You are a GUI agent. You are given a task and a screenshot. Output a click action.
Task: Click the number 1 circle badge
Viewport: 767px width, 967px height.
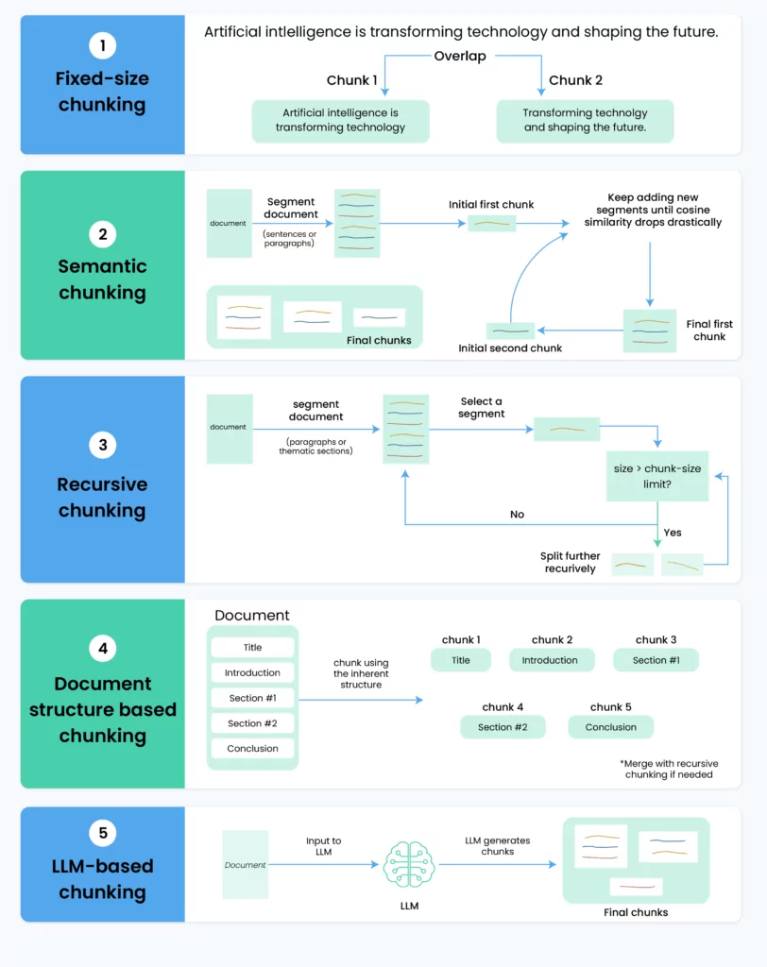click(x=102, y=45)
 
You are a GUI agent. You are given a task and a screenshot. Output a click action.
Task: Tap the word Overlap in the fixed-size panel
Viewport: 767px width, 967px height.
click(x=460, y=56)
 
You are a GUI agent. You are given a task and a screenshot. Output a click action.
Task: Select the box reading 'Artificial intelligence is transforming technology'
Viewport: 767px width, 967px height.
click(x=341, y=121)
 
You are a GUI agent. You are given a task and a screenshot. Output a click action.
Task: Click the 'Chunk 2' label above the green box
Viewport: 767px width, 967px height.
click(x=575, y=80)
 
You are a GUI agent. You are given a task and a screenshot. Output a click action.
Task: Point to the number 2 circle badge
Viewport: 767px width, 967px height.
click(x=102, y=234)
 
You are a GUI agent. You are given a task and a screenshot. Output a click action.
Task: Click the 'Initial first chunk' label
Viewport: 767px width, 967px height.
click(x=491, y=205)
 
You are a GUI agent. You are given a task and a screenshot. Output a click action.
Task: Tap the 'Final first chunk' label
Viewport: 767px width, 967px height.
click(x=709, y=330)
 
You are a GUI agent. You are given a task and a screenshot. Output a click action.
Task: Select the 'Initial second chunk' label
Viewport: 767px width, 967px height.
click(x=510, y=348)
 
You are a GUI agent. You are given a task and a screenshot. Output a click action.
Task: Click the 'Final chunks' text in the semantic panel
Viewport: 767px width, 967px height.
click(x=379, y=340)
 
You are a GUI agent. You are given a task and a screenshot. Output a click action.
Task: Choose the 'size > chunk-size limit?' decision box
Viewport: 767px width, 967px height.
click(x=657, y=476)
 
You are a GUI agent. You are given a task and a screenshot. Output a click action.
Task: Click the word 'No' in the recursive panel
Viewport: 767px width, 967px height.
click(x=517, y=515)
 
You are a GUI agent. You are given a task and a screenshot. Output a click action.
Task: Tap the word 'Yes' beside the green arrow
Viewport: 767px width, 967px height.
click(x=673, y=533)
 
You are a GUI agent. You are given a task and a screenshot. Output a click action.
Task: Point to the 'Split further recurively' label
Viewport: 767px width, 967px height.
click(x=570, y=563)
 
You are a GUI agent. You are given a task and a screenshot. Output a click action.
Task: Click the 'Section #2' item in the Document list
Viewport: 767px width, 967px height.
click(x=252, y=723)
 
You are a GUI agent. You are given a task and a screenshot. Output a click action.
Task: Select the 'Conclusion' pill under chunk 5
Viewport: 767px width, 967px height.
click(x=611, y=727)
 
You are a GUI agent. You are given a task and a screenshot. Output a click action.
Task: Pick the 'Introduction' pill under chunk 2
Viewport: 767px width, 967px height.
click(x=550, y=660)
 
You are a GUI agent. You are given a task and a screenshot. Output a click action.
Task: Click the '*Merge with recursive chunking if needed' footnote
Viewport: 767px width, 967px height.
click(x=669, y=769)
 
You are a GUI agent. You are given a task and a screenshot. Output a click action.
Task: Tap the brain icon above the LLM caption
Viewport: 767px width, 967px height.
click(x=409, y=864)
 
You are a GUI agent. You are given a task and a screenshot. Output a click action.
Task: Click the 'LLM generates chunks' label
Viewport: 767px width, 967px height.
click(x=498, y=846)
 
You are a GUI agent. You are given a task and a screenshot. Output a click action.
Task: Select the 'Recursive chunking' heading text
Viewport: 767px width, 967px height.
click(x=102, y=497)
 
